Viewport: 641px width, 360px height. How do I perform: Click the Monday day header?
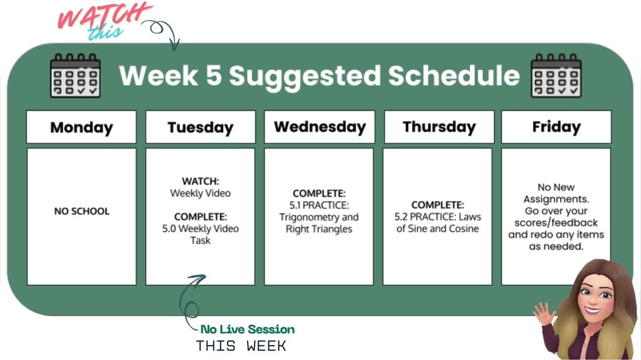click(81, 127)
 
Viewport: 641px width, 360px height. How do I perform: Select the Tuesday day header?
click(200, 127)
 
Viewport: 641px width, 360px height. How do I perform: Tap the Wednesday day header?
click(319, 127)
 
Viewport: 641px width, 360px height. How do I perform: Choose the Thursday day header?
click(439, 127)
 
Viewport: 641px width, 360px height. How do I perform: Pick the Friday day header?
click(556, 127)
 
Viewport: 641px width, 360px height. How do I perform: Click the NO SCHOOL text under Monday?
click(81, 211)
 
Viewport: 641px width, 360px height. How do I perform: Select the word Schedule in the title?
click(454, 75)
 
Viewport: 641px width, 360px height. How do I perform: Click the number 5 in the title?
click(213, 75)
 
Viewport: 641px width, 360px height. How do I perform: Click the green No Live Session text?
click(247, 330)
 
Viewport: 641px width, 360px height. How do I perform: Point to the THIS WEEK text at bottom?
click(241, 346)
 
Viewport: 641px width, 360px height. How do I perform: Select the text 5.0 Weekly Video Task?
click(200, 234)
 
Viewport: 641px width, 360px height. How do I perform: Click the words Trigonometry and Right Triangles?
click(319, 223)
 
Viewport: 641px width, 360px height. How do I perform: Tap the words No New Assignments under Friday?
click(556, 193)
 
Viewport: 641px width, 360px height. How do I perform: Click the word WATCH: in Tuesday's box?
click(200, 182)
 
